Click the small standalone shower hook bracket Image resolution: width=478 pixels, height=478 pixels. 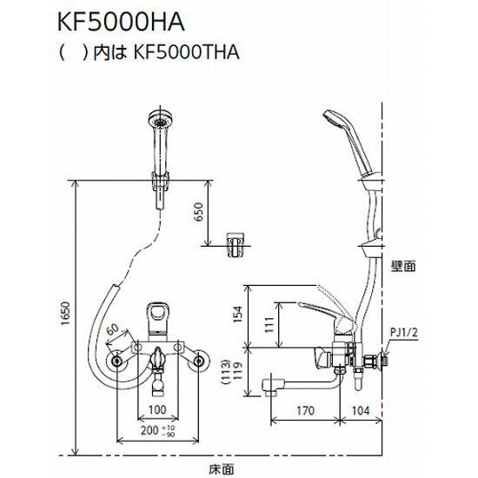[x=236, y=244]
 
